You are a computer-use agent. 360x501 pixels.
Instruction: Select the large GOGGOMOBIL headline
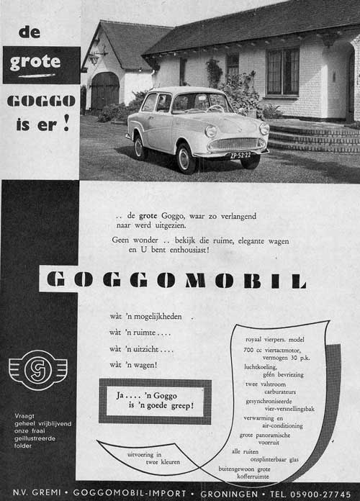176,279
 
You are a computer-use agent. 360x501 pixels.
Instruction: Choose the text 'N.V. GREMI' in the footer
35,493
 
